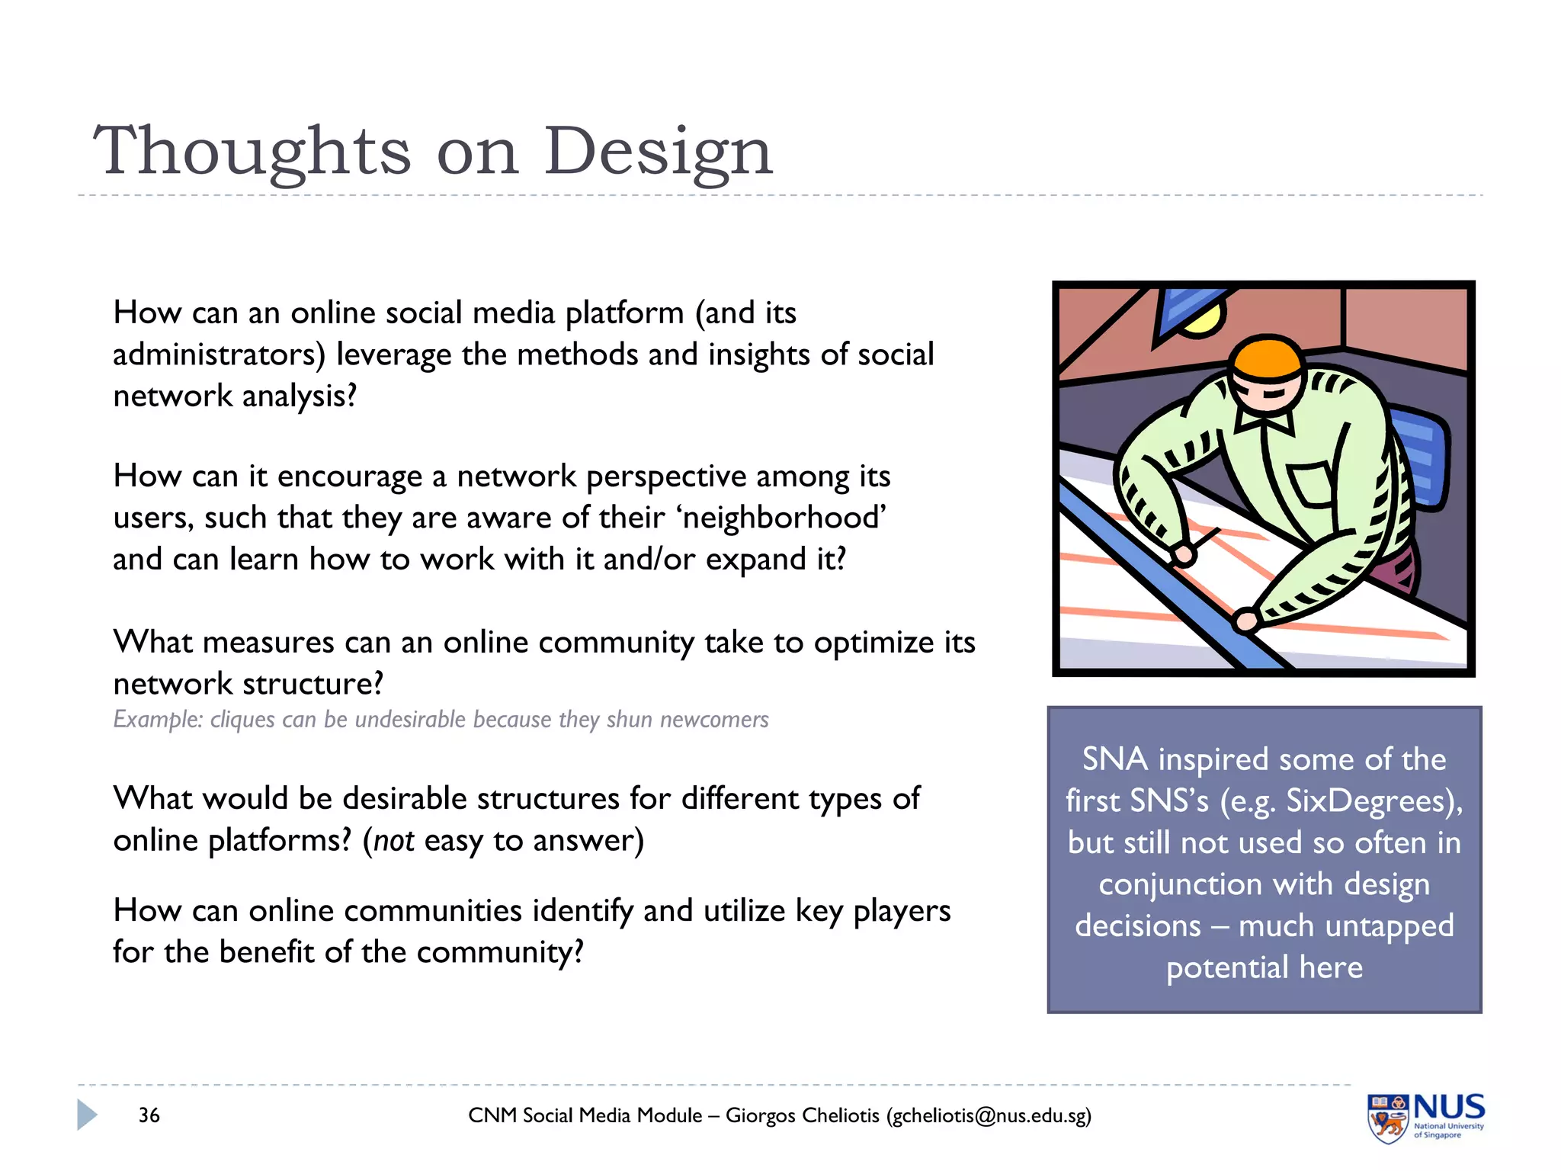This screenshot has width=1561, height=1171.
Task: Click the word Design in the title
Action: [658, 151]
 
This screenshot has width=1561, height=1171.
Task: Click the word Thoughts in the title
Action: [252, 151]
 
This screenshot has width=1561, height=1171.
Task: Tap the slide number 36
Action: [149, 1115]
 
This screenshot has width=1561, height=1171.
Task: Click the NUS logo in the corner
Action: [1425, 1117]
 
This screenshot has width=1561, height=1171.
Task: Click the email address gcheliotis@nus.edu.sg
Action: [988, 1115]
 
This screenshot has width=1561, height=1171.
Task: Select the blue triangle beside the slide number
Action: [86, 1115]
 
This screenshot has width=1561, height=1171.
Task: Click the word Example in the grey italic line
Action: [156, 720]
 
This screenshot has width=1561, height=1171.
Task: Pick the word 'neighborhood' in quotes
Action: [780, 518]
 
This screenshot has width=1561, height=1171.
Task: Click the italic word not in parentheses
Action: [393, 840]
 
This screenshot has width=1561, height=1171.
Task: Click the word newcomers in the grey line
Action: [713, 720]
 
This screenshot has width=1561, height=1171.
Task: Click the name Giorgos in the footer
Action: [760, 1115]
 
